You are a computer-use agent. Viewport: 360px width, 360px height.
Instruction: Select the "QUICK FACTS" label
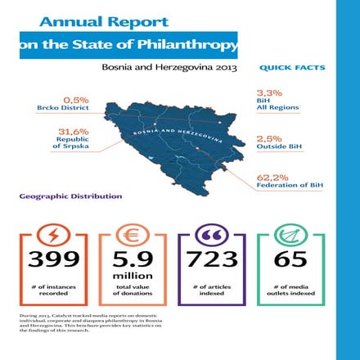coord(291,68)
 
